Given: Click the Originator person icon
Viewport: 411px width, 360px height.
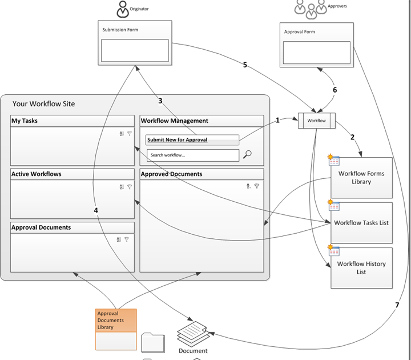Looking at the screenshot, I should coord(123,9).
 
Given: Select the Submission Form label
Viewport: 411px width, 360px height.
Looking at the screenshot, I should coord(120,30).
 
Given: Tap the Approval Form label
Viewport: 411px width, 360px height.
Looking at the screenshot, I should coord(299,32).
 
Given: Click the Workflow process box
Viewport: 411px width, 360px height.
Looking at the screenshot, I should coord(316,121).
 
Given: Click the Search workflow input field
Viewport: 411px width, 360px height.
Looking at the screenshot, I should coord(192,155).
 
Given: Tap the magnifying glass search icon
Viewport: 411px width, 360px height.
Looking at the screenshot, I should coord(248,154).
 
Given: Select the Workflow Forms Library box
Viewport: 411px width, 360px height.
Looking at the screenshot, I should coord(362,178).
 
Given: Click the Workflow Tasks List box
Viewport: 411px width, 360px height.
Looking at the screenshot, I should coord(361,222).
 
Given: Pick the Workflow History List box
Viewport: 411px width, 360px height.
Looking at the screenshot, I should coord(361,267).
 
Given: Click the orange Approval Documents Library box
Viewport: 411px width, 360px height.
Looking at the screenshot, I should coord(116,321).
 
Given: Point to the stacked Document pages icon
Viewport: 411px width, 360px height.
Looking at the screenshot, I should coord(192,333).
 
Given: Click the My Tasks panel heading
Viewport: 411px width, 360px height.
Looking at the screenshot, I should coord(25,121).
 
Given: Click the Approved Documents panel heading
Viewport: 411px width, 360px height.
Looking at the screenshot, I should coord(171,174).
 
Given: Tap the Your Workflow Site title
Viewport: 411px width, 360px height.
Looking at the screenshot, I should coord(43,104).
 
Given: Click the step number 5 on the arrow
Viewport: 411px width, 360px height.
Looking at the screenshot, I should coord(245,65).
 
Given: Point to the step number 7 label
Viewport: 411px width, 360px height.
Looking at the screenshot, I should coord(397,305).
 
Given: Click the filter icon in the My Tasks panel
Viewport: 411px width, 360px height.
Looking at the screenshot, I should coord(130,133).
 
